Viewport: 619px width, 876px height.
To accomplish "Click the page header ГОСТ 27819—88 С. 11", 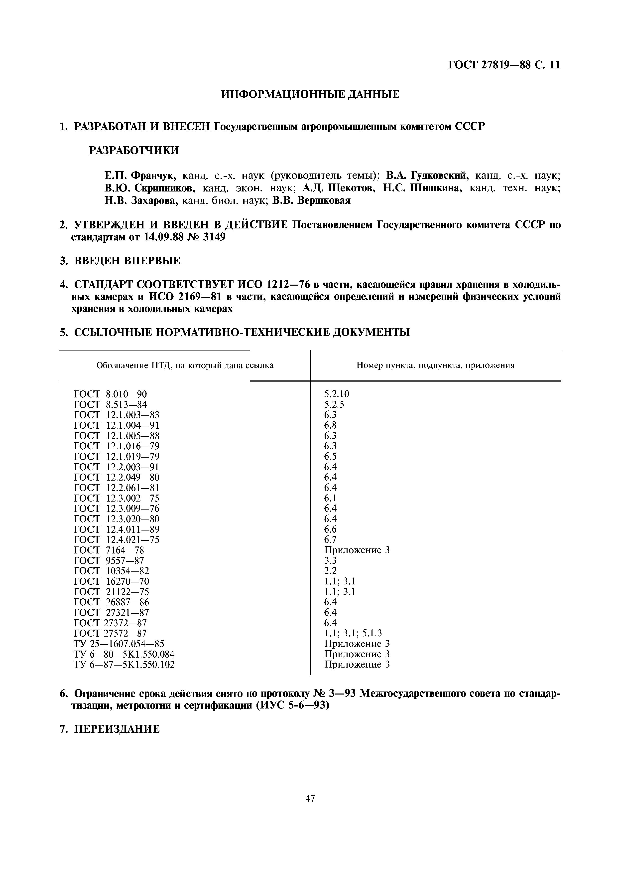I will click(x=503, y=65).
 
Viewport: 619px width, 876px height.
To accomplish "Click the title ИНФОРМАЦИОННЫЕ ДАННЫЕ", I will click(x=310, y=94).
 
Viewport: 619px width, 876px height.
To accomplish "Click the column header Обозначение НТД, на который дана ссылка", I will click(x=185, y=365).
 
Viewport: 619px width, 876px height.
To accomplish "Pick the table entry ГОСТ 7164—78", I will click(x=109, y=550).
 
